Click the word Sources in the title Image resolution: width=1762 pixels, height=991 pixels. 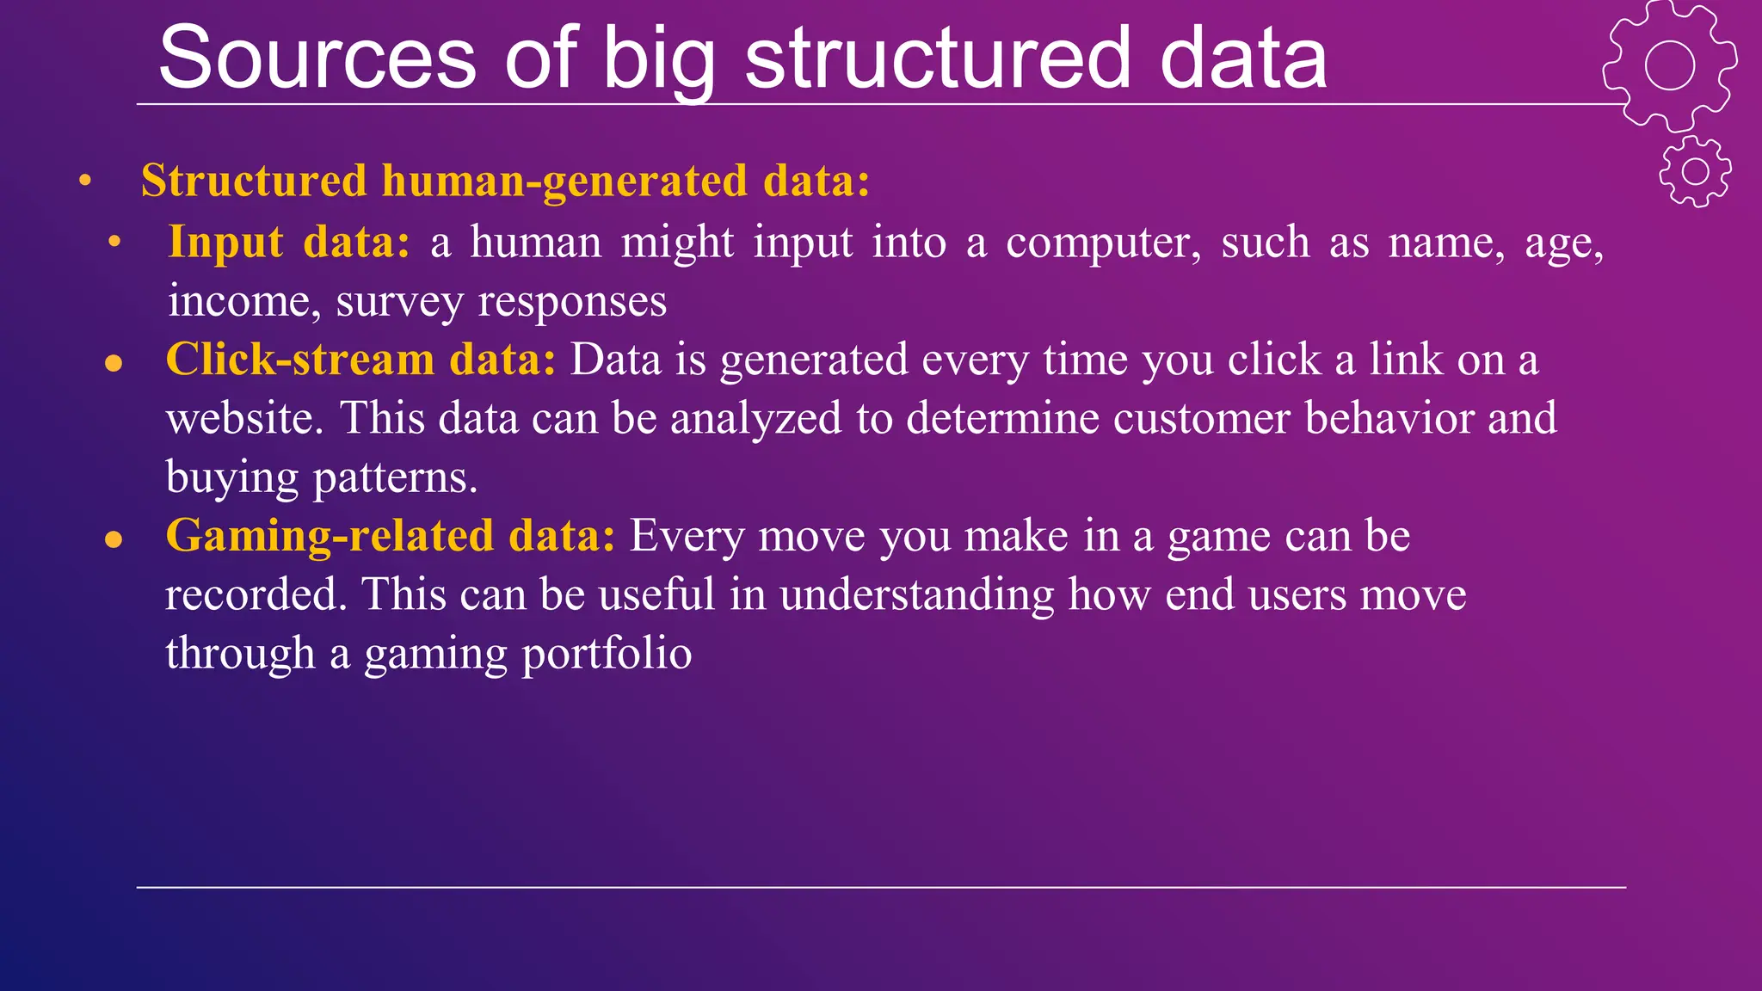(317, 58)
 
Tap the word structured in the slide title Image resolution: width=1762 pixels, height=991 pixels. (937, 58)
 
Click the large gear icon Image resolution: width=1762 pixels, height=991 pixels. (1669, 65)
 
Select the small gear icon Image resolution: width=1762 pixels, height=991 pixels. (1695, 171)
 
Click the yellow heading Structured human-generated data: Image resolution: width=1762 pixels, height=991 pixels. (505, 181)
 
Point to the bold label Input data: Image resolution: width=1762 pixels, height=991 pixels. (289, 242)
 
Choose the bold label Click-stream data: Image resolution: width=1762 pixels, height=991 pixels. (360, 360)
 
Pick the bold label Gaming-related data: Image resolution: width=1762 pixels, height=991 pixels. (390, 536)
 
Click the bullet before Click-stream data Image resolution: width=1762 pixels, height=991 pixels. (114, 363)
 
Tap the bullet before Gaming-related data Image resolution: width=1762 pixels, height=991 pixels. (114, 539)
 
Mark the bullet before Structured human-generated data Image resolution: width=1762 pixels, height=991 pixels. (84, 182)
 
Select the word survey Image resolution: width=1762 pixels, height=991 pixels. (399, 302)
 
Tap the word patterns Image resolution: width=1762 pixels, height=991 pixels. (395, 478)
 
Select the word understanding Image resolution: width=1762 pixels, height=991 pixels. (916, 595)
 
